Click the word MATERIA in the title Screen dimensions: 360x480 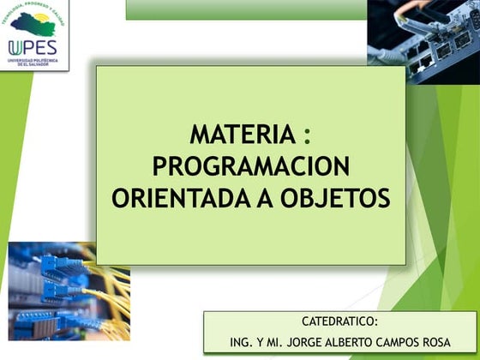pos(241,135)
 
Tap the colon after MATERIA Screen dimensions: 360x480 pos(307,135)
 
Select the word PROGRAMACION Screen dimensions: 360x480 pos(250,166)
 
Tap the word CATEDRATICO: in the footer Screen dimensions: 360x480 pos(339,321)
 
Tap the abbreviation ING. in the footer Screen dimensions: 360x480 pos(242,341)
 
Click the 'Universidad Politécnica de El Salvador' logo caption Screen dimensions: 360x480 pos(32,63)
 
